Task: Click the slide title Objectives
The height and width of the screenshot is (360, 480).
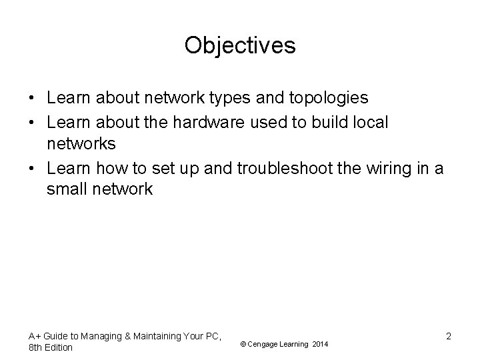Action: click(240, 45)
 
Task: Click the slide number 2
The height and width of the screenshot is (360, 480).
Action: click(449, 336)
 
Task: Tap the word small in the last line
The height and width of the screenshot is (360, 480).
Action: click(66, 190)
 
